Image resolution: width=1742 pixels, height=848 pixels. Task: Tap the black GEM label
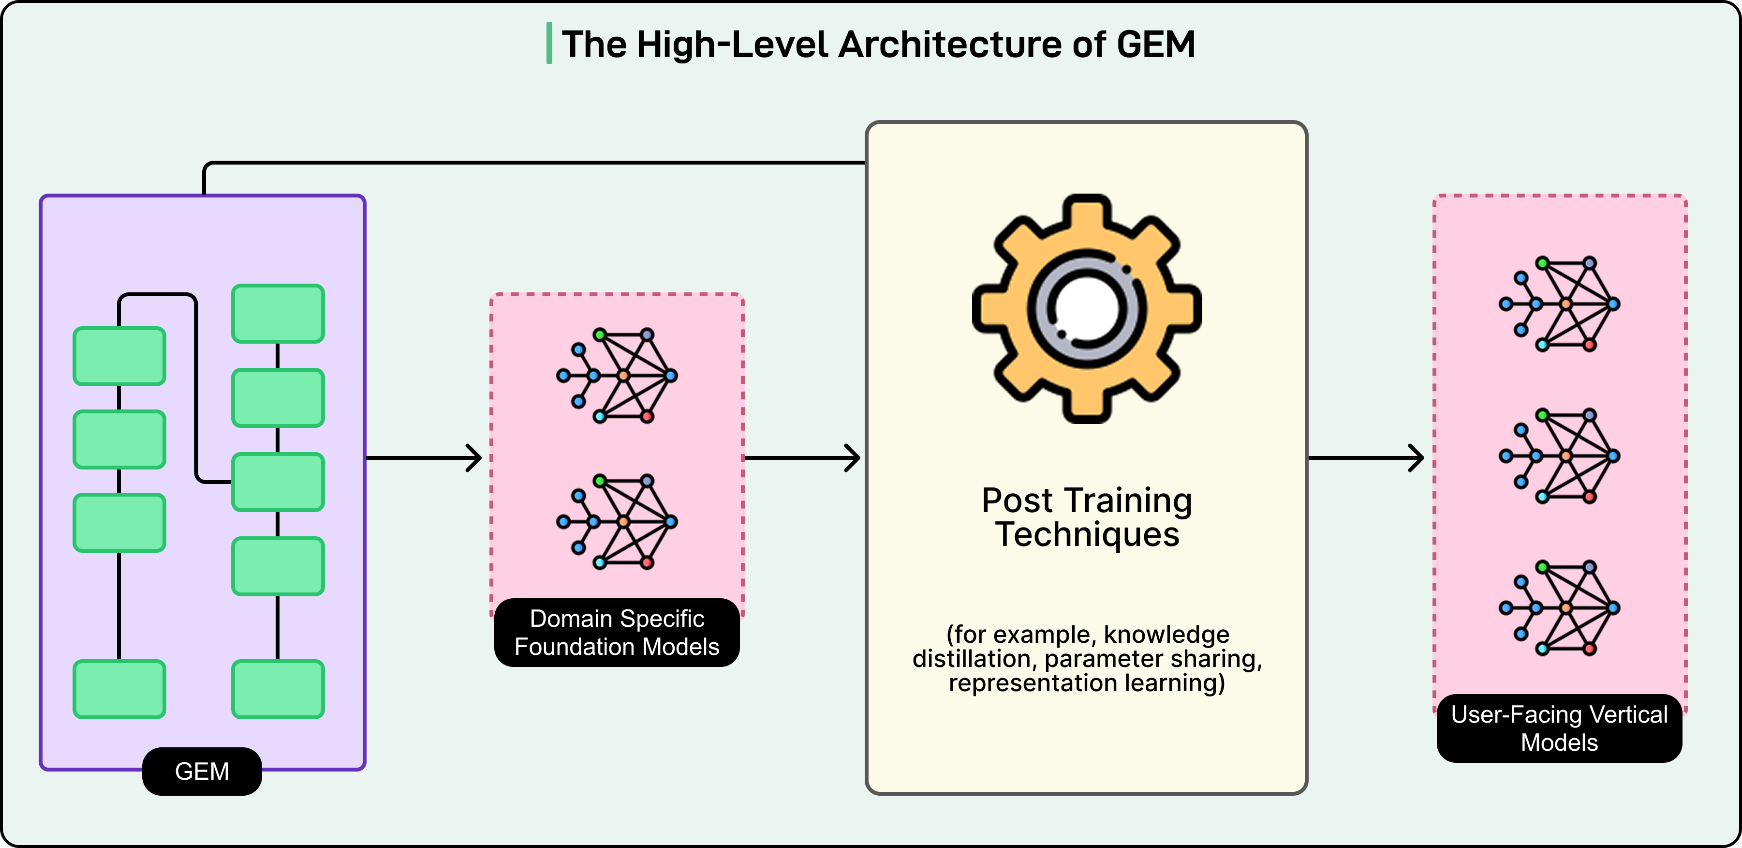pos(202,771)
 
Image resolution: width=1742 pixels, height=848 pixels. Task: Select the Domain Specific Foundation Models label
pos(617,632)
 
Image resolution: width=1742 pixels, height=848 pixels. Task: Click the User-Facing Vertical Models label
pos(1559,728)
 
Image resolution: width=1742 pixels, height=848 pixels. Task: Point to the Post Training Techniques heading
pos(1086,517)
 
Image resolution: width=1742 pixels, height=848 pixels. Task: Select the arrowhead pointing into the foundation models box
pos(475,458)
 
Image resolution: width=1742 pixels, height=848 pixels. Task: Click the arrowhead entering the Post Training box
pos(854,458)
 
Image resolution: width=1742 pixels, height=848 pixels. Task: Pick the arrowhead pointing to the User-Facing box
pos(1417,458)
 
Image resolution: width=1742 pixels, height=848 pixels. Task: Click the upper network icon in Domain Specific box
pos(617,376)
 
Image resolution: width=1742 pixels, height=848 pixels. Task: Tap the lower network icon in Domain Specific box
pos(617,522)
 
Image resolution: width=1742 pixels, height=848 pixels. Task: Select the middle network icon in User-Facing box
pos(1559,456)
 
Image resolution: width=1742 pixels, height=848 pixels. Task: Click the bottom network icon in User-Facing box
pos(1559,608)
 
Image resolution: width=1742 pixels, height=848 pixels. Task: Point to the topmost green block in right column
pos(278,313)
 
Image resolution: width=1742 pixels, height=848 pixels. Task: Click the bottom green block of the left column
pos(119,689)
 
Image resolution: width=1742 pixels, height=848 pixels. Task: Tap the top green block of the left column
pos(119,356)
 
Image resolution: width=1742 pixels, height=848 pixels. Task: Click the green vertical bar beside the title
pos(549,43)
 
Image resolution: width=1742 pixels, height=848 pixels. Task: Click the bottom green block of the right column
pos(278,689)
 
